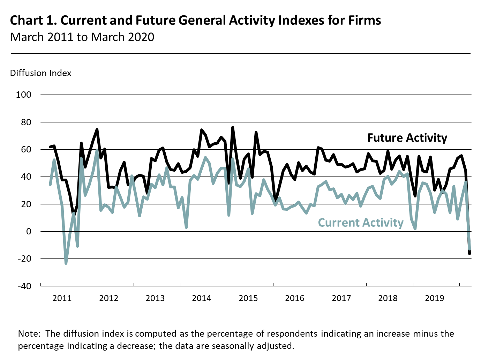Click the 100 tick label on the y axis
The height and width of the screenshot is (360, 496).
pyautogui.click(x=23, y=95)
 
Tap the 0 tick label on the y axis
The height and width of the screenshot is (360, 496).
pyautogui.click(x=28, y=231)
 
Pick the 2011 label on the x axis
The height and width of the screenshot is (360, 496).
pyautogui.click(x=62, y=298)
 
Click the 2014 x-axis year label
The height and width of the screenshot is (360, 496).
pyautogui.click(x=202, y=298)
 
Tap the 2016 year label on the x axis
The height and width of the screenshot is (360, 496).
pyautogui.click(x=295, y=298)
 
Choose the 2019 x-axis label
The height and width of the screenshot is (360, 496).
pyautogui.click(x=434, y=298)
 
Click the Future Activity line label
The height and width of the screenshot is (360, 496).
pyautogui.click(x=407, y=138)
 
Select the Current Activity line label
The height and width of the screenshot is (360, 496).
pyautogui.click(x=361, y=223)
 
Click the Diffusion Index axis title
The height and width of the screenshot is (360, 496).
pyautogui.click(x=41, y=73)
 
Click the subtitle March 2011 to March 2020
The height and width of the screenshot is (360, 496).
pyautogui.click(x=82, y=37)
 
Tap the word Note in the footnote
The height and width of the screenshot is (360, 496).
pyautogui.click(x=29, y=334)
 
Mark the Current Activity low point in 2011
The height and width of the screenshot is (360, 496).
pyautogui.click(x=66, y=263)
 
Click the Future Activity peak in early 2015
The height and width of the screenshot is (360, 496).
pyautogui.click(x=233, y=128)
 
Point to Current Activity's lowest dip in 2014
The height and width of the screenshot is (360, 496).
pyautogui.click(x=186, y=227)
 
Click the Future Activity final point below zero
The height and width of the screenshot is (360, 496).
pyautogui.click(x=469, y=254)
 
